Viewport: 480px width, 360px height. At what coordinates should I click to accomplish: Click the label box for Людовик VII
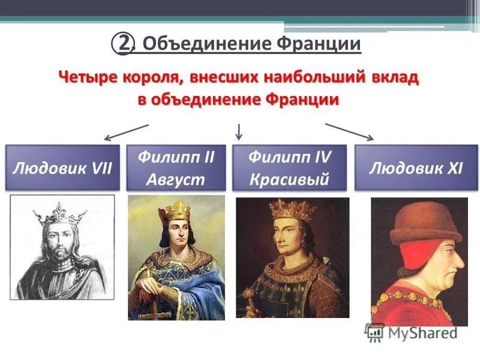point(62,167)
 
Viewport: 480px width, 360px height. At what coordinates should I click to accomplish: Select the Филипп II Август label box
point(176,167)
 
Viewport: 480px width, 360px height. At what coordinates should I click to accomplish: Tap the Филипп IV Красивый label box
point(289,167)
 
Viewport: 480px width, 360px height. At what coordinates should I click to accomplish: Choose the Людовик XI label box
point(416,167)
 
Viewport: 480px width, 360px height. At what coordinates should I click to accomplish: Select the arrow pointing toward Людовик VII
point(126,132)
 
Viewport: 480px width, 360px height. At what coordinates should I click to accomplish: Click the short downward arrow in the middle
point(239,130)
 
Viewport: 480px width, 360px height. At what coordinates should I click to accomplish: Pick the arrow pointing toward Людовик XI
point(350,132)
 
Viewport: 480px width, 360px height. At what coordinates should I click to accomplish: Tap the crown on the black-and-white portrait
point(59,213)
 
